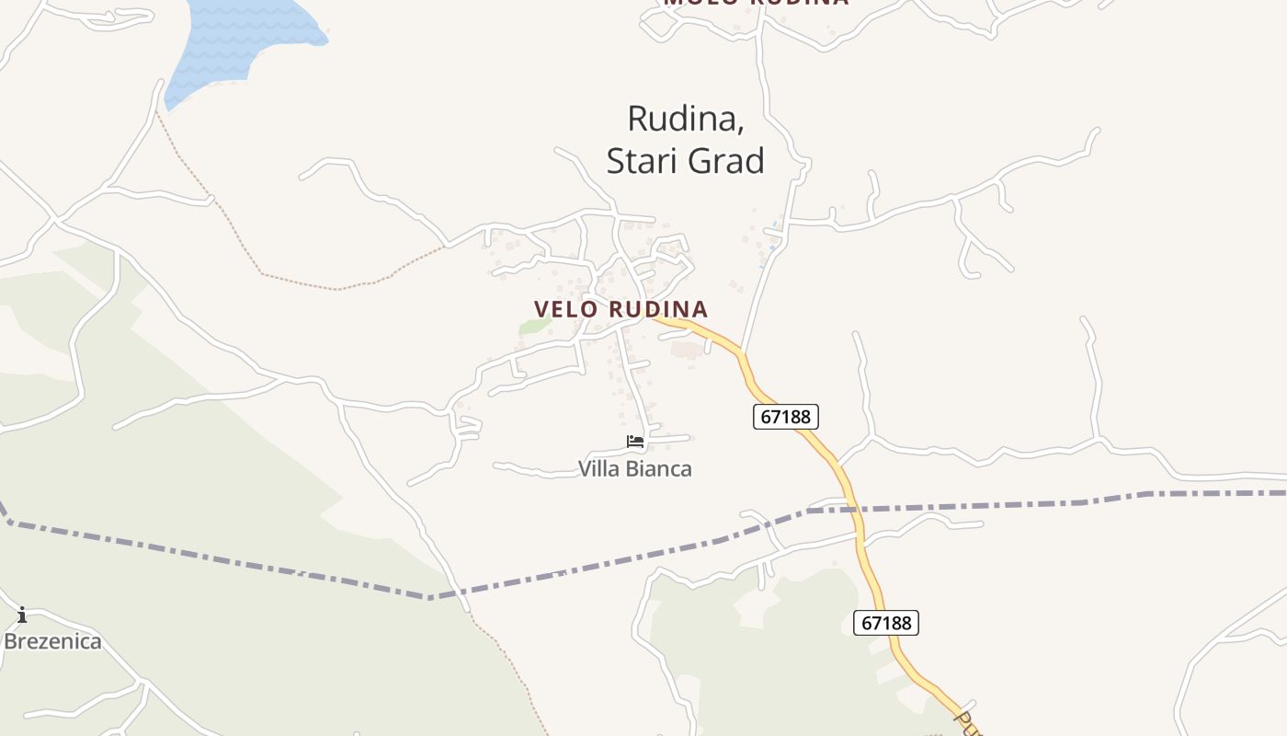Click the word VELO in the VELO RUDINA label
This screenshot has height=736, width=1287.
[566, 309]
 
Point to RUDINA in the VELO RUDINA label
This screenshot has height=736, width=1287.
[658, 309]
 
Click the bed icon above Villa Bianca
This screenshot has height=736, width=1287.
[635, 442]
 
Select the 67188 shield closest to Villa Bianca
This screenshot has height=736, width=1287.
[786, 417]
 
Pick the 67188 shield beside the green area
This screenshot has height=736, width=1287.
[886, 623]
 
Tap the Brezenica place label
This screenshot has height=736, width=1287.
[52, 641]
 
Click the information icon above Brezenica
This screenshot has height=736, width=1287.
[22, 615]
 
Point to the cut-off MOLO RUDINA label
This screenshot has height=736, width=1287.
[756, 3]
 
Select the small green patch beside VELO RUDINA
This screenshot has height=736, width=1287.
[533, 327]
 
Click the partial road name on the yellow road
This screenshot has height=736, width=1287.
[967, 722]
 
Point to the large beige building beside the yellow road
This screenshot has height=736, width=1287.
[684, 350]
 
